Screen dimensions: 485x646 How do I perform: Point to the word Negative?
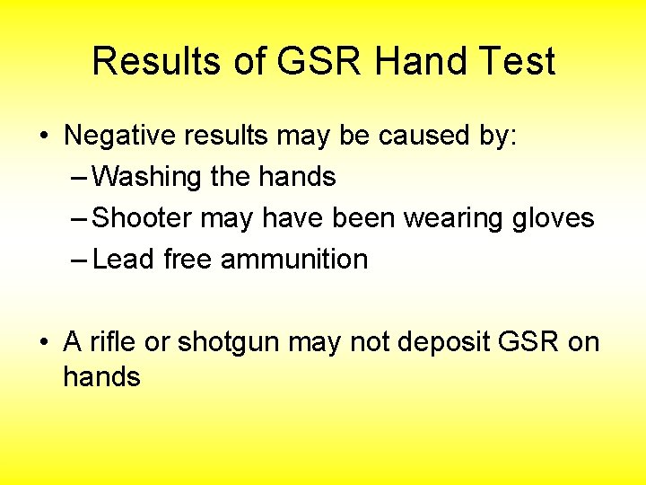(x=119, y=136)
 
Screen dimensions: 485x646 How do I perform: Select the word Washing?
(x=147, y=177)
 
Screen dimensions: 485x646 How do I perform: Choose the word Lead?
(x=125, y=260)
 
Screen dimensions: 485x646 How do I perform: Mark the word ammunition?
(x=294, y=260)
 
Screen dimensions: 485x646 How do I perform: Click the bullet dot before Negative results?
(x=44, y=137)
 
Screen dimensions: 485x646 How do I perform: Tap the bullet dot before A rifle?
(x=44, y=343)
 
